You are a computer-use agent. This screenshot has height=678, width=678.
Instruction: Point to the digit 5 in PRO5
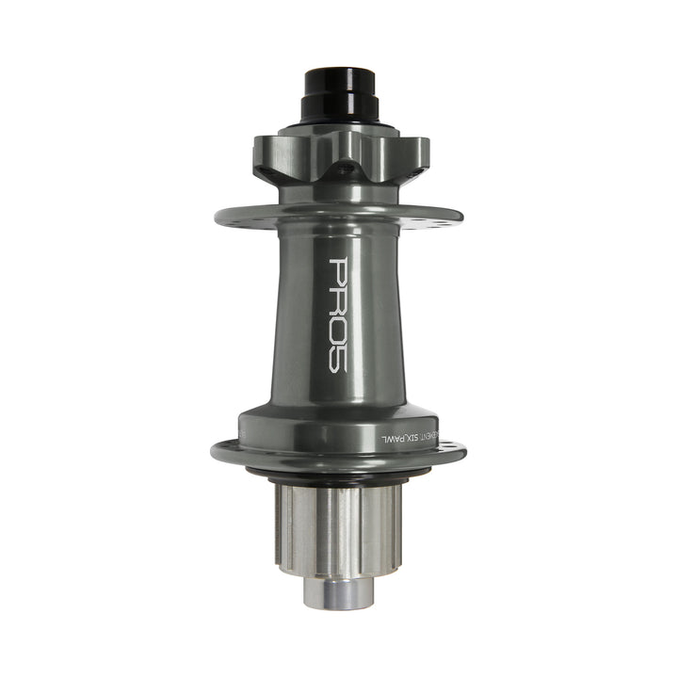(339, 360)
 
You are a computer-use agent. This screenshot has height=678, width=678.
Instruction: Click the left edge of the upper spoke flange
(220, 215)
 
